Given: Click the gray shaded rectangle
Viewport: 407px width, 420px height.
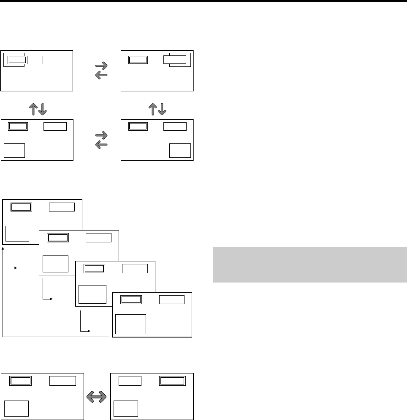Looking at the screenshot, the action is tap(310, 264).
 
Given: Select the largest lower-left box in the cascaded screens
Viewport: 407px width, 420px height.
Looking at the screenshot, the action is tap(130, 324).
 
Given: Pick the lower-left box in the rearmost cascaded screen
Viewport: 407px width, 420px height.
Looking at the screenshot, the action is tap(17, 234).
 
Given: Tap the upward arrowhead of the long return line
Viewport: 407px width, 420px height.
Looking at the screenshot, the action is tap(3, 250).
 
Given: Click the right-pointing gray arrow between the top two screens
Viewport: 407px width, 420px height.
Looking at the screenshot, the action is tap(102, 66).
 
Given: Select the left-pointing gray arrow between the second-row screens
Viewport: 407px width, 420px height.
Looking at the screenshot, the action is tap(102, 145).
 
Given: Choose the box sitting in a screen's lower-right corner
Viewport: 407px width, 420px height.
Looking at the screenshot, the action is tap(180, 151).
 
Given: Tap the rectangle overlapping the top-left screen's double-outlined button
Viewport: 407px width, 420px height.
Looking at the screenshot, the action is tap(15, 60).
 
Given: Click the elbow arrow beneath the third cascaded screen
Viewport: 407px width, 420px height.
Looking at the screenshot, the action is tap(84, 324).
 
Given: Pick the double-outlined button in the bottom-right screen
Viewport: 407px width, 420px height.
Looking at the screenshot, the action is tap(172, 381).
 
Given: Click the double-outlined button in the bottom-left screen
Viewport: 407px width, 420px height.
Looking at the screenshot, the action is tap(21, 381).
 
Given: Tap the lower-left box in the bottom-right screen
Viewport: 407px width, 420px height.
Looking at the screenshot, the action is tap(126, 408).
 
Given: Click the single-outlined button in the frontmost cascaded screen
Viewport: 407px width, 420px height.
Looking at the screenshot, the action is tap(172, 299).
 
